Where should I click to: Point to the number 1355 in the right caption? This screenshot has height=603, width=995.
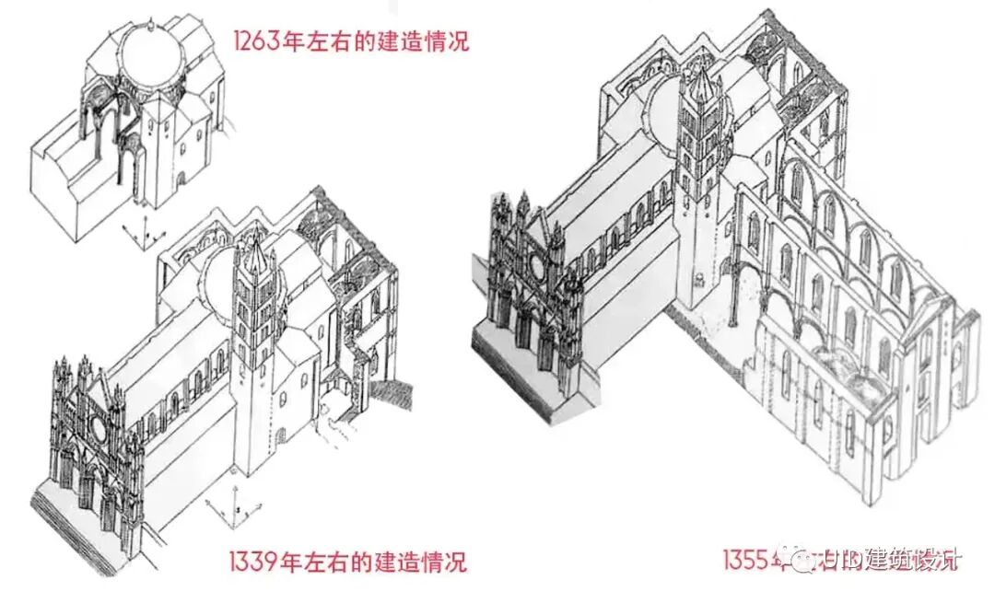pos(748,559)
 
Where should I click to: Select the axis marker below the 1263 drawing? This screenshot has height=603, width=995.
pos(138,233)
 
